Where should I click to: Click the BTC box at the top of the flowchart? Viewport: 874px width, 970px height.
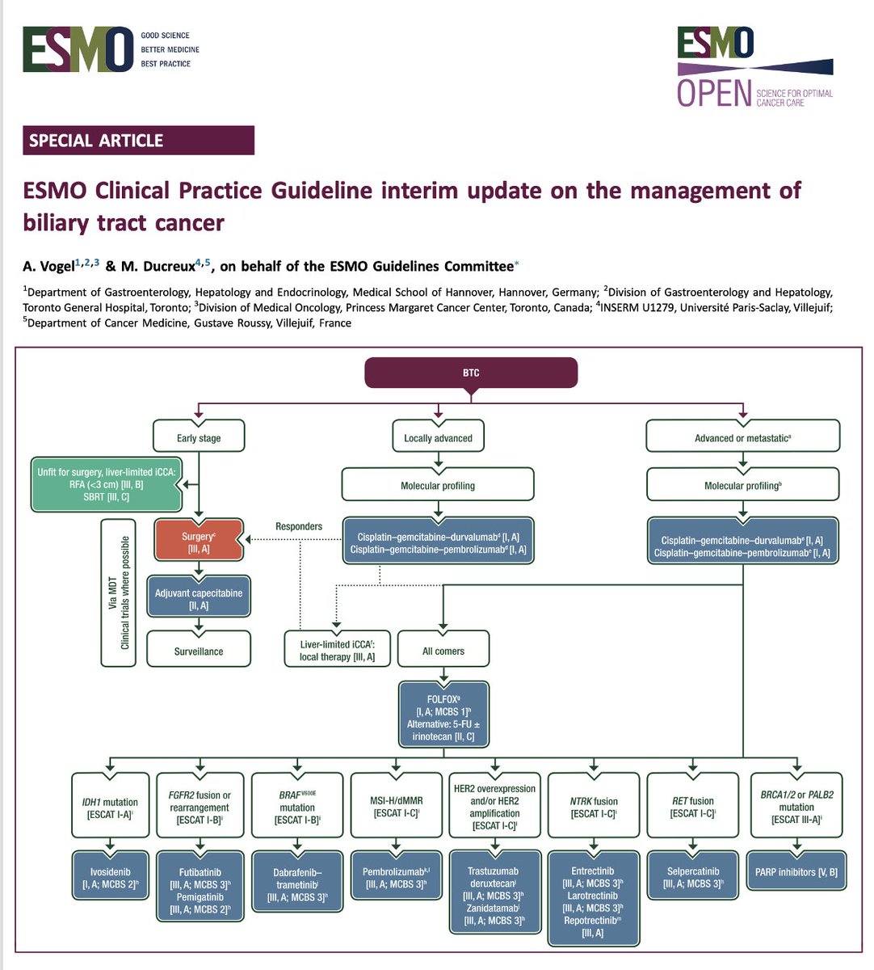pos(471,373)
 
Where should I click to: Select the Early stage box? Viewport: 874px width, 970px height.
pos(199,437)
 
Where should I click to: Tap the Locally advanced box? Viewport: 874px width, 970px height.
pos(438,437)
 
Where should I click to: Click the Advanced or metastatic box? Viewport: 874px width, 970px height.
pos(742,437)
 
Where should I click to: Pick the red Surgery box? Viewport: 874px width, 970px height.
pos(198,542)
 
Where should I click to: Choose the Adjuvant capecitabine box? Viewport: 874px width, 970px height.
pos(199,599)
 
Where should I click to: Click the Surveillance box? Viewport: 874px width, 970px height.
pos(199,651)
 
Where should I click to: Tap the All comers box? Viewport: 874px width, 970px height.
pos(443,651)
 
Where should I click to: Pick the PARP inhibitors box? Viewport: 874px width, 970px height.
pos(796,871)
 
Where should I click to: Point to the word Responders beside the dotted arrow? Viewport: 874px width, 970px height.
pos(299,526)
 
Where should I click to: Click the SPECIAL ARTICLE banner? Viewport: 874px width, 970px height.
pos(139,141)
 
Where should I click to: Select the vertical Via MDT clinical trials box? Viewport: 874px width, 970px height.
pos(119,581)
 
